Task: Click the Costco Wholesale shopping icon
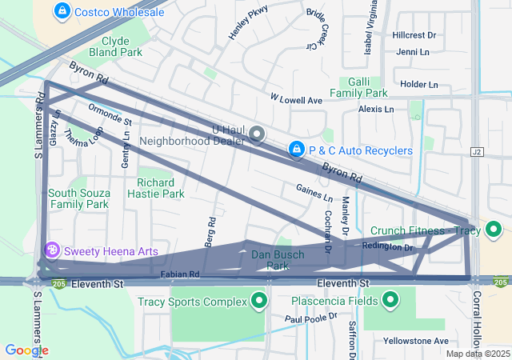click(61, 11)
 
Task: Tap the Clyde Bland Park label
click(122, 47)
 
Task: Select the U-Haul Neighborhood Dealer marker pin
click(257, 134)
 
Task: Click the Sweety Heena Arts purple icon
click(53, 251)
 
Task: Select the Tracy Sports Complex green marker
click(258, 302)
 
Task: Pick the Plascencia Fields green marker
click(390, 301)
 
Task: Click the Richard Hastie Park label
click(161, 188)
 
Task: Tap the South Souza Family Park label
click(78, 198)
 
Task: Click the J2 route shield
click(478, 151)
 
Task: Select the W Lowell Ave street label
click(295, 100)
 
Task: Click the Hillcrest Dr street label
click(414, 36)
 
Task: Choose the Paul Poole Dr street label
click(310, 318)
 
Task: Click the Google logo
click(26, 350)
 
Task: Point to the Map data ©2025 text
click(478, 354)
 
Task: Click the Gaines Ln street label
click(314, 192)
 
